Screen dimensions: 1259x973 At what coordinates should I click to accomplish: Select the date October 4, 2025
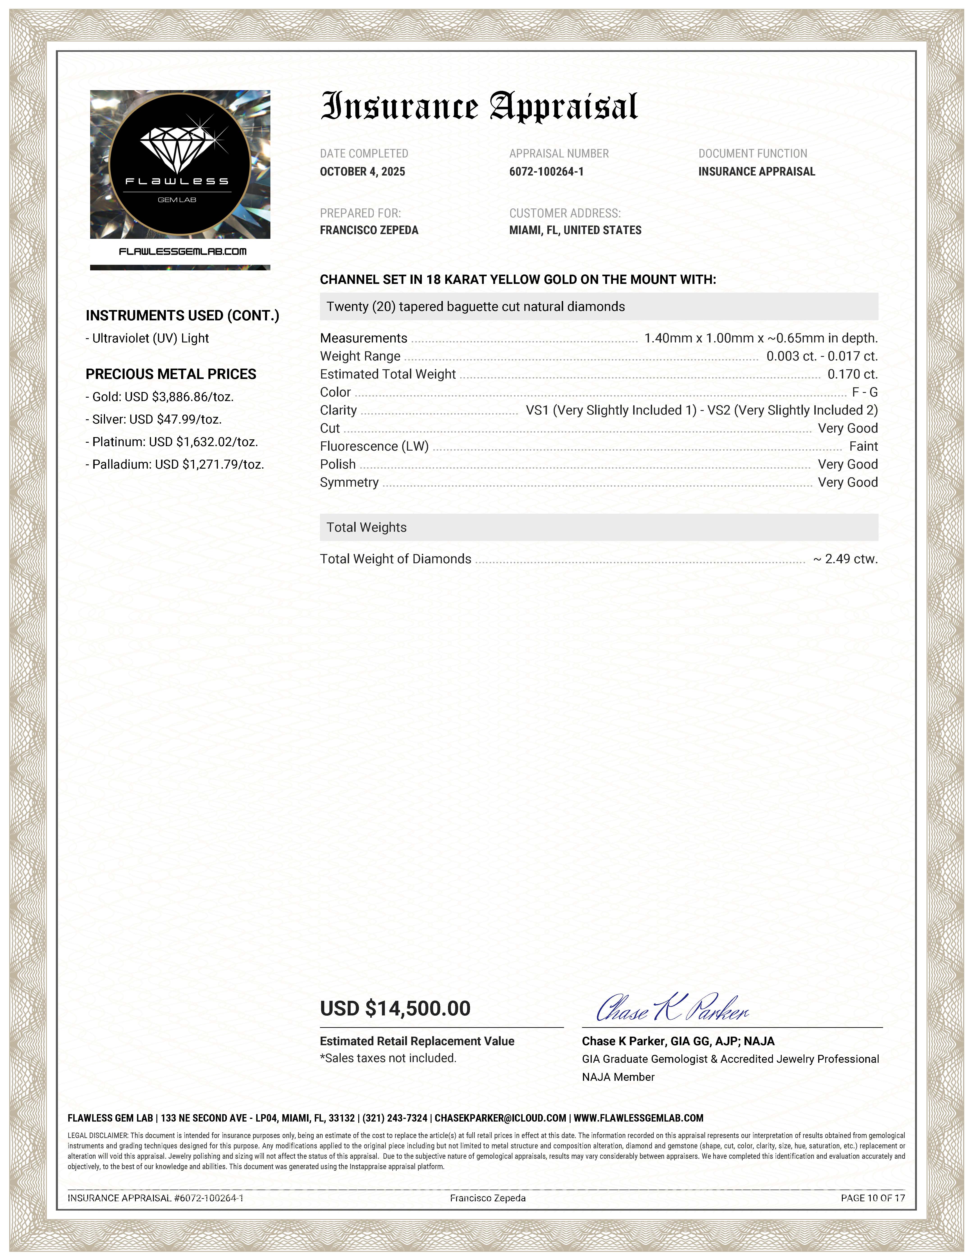click(x=363, y=172)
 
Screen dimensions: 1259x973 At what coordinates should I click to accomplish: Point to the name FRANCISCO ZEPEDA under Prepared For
click(x=369, y=230)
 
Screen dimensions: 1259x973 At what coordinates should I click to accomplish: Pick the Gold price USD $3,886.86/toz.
click(x=160, y=397)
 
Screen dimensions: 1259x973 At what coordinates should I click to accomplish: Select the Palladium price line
click(x=175, y=465)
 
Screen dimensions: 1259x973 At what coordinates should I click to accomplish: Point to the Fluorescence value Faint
click(x=863, y=446)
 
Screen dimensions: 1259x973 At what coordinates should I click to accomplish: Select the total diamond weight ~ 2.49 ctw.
click(x=846, y=559)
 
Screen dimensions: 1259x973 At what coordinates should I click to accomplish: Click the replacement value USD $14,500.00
click(x=395, y=1008)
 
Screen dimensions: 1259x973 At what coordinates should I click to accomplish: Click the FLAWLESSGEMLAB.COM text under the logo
click(x=182, y=251)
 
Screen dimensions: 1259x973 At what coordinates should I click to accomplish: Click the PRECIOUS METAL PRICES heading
click(x=171, y=374)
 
